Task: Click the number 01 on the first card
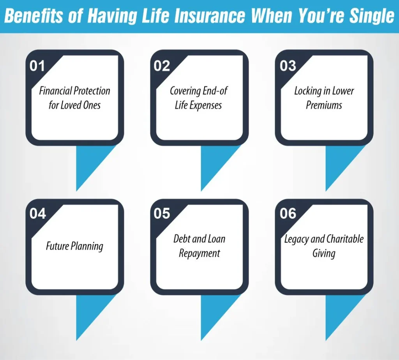pyautogui.click(x=37, y=66)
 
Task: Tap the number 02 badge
pyautogui.click(x=162, y=66)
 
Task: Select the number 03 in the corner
pyautogui.click(x=288, y=66)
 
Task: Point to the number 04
pyautogui.click(x=37, y=213)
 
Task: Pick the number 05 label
pyautogui.click(x=162, y=213)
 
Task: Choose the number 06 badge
pyautogui.click(x=288, y=213)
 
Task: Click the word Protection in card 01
pyautogui.click(x=92, y=91)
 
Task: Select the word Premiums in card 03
pyautogui.click(x=324, y=105)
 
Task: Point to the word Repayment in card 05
pyautogui.click(x=199, y=254)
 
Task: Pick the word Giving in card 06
pyautogui.click(x=324, y=254)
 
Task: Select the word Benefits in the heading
pyautogui.click(x=34, y=16)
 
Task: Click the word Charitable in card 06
pyautogui.click(x=345, y=239)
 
